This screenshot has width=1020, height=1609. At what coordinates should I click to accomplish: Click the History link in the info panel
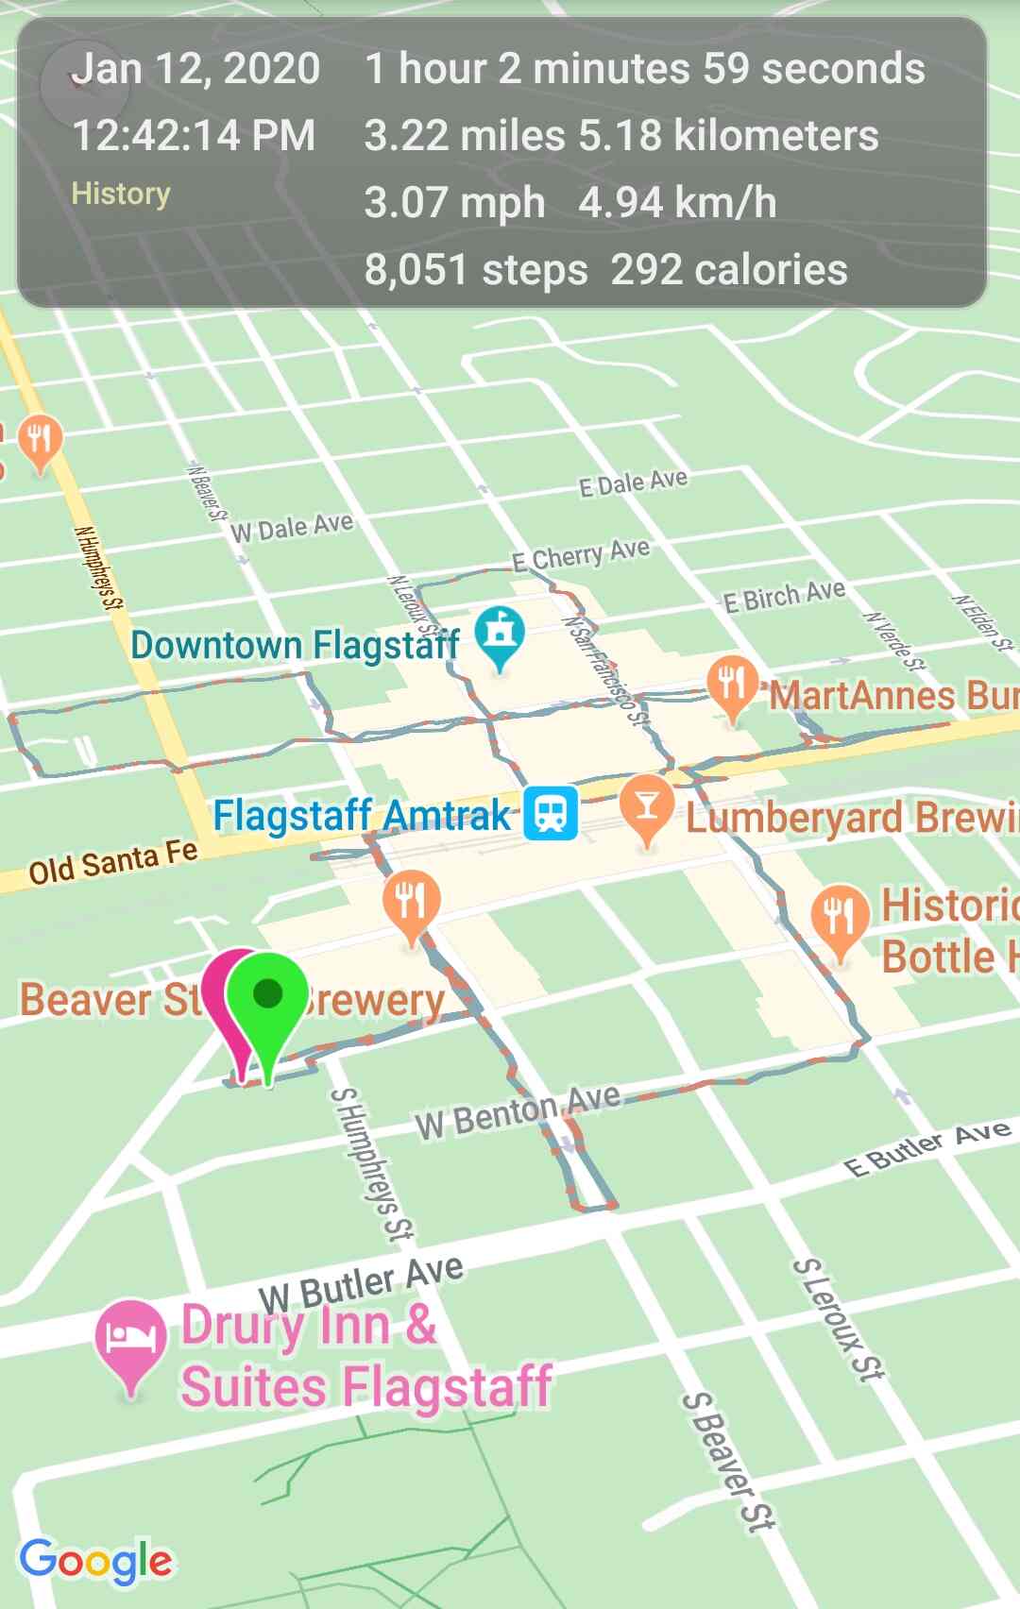(121, 194)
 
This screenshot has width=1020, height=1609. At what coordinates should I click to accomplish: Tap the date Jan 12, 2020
(195, 69)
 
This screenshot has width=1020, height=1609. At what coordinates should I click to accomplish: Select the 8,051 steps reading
(476, 270)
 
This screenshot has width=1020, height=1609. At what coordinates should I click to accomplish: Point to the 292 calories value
(729, 270)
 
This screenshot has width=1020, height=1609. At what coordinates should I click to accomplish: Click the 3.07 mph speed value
(454, 203)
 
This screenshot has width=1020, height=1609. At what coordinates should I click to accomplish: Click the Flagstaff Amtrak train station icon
(551, 813)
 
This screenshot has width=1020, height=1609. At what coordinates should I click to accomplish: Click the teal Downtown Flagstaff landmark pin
(499, 635)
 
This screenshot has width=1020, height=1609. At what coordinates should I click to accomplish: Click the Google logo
(95, 1562)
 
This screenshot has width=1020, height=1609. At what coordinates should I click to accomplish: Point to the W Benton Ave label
(518, 1111)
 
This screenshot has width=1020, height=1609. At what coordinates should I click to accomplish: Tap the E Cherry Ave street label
(581, 555)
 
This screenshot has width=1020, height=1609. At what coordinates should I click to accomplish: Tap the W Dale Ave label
(292, 527)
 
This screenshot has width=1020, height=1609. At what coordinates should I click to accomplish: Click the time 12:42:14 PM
(194, 135)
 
